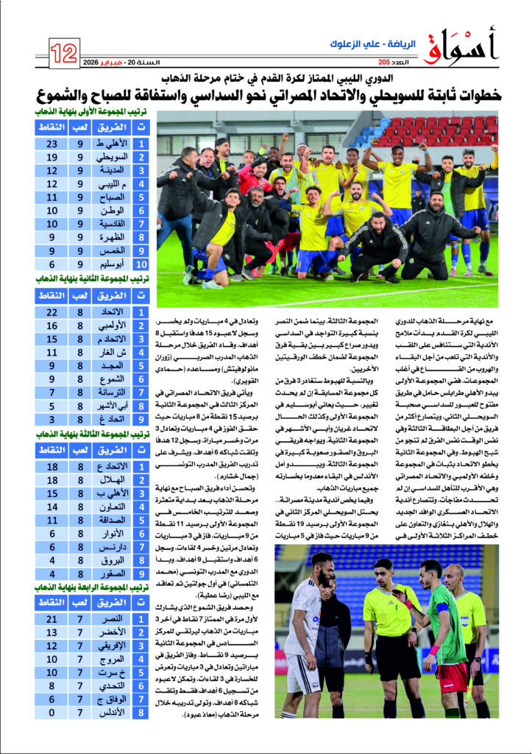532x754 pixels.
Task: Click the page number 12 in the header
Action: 65,52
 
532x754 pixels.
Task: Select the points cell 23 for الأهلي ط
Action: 52,144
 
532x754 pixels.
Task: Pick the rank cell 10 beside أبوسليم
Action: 141,264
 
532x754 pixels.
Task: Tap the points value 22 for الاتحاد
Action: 52,311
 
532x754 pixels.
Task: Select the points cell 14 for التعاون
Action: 52,507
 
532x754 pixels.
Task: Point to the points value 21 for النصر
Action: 52,620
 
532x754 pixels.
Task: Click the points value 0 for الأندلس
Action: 52,713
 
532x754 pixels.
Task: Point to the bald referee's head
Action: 454,573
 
